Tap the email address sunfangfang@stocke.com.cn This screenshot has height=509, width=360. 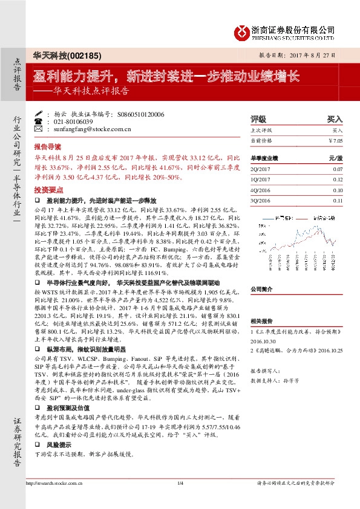click(x=84, y=129)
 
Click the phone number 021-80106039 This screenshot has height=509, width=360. click(x=72, y=121)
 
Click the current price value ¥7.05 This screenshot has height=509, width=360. click(x=335, y=140)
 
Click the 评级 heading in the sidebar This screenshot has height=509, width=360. click(x=258, y=120)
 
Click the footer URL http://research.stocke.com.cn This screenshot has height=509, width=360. click(x=54, y=499)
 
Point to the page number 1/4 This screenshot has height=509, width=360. click(x=180, y=499)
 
